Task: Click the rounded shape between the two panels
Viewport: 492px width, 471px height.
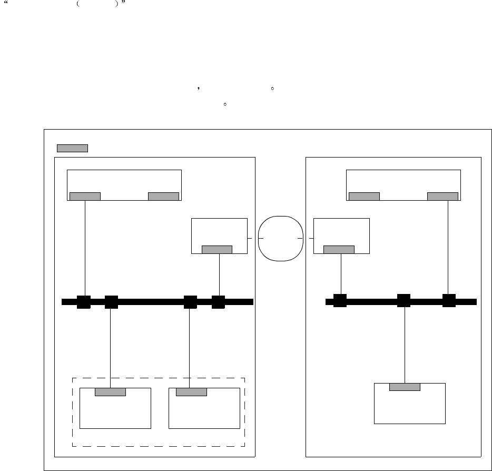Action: point(281,238)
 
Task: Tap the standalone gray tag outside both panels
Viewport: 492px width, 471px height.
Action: point(72,148)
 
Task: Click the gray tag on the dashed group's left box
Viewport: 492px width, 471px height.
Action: point(110,391)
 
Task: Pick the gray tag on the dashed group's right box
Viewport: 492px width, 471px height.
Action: point(191,391)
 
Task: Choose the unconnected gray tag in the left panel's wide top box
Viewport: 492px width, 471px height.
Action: point(163,197)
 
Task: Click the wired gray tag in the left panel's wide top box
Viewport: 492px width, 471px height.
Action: point(85,197)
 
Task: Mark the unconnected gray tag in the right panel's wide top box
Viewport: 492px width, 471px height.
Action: point(364,197)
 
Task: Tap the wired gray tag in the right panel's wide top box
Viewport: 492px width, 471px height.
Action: point(442,197)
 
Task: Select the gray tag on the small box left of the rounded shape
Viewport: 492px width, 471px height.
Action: point(217,249)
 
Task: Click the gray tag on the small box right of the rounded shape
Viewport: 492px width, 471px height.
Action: point(339,249)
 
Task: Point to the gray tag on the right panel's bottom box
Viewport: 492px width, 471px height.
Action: point(405,387)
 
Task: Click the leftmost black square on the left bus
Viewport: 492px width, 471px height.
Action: point(84,302)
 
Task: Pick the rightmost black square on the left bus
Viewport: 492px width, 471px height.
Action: point(219,302)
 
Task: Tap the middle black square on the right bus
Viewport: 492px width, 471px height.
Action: point(404,301)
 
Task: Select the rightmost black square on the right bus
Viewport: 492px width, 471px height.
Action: point(449,301)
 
